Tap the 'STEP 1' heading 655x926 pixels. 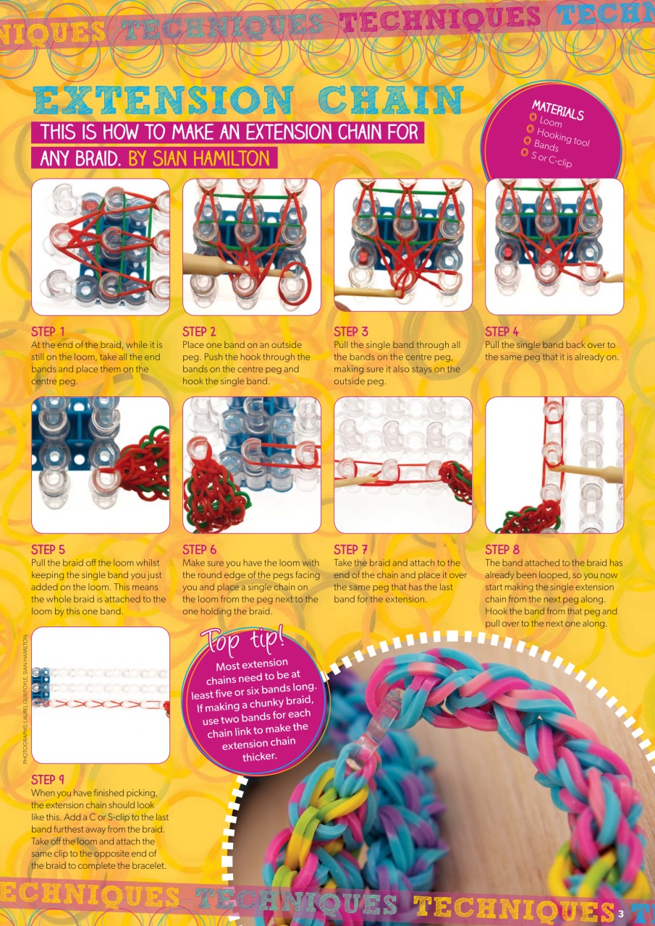[x=48, y=332]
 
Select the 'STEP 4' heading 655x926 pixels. [x=502, y=332]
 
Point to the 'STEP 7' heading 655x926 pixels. [x=350, y=550]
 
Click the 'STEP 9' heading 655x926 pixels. [x=48, y=780]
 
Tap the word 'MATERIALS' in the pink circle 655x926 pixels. [x=558, y=111]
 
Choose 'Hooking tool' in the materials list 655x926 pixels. [x=563, y=135]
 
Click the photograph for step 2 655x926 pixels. [x=251, y=247]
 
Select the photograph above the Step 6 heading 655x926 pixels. [x=251, y=465]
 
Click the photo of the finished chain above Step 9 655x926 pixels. [x=101, y=695]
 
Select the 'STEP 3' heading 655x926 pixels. [x=350, y=332]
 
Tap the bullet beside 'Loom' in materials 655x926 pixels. [x=533, y=116]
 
